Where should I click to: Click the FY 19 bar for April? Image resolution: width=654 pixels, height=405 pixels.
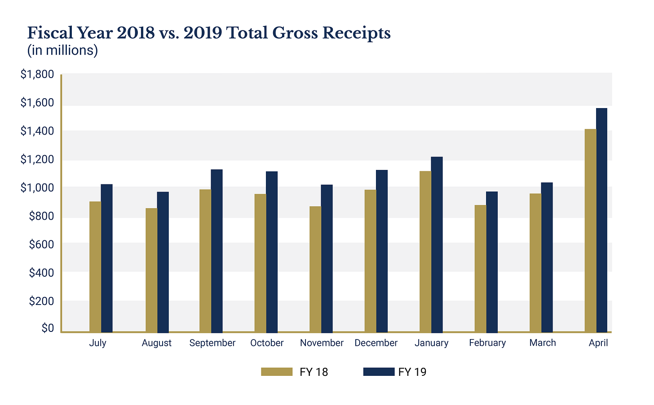[601, 220]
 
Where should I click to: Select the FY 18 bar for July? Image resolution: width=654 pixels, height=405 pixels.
[95, 267]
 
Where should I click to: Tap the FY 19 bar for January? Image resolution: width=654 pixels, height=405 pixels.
[437, 244]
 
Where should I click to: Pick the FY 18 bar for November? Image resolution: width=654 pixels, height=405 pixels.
[315, 270]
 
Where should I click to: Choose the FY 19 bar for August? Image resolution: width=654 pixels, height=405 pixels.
[163, 262]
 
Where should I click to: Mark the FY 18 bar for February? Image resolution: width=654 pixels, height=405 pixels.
[480, 269]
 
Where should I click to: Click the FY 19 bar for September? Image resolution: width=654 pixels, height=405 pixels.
[217, 251]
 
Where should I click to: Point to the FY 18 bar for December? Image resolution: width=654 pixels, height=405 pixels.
[370, 261]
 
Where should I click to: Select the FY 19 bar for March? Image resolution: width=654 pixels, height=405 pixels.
[547, 257]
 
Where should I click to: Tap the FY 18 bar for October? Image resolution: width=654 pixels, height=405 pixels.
[260, 263]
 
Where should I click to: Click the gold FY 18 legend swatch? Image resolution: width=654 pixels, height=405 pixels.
[277, 372]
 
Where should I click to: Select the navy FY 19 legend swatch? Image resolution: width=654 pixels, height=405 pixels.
[379, 372]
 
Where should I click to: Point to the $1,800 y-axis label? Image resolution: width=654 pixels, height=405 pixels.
[37, 74]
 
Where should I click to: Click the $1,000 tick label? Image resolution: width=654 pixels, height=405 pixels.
[37, 188]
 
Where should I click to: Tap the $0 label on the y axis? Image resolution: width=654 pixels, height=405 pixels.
[48, 328]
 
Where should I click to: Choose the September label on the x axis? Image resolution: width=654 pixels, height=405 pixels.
[212, 343]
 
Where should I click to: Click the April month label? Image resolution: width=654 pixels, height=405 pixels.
[598, 343]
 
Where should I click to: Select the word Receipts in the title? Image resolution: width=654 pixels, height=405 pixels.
[356, 33]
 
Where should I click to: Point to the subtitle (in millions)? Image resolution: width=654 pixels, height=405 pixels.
[62, 50]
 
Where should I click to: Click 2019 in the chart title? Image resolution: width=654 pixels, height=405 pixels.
[203, 33]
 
